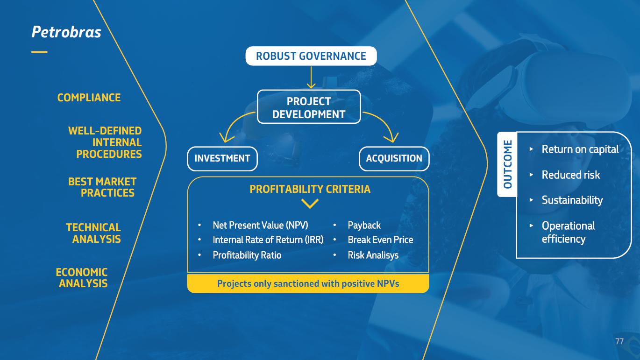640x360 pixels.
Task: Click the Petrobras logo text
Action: [x=66, y=32]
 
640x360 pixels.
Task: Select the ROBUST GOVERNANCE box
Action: [x=311, y=56]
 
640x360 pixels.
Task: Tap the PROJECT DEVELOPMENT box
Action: [x=309, y=107]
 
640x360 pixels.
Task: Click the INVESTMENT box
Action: [x=222, y=158]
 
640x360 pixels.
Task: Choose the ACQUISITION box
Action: [x=394, y=158]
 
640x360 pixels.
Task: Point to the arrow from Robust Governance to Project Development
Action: [x=311, y=77]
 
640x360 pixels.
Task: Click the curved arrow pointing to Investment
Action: [x=234, y=124]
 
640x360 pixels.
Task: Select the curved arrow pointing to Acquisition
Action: [x=385, y=124]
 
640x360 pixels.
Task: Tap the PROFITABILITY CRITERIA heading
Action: [x=310, y=189]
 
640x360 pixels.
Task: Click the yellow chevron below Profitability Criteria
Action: [x=310, y=204]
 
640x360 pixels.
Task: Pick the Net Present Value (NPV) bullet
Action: [x=260, y=225]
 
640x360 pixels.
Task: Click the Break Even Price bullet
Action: [x=380, y=240]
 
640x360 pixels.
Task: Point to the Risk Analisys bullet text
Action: [x=373, y=255]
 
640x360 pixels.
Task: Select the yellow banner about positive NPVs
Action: [x=308, y=283]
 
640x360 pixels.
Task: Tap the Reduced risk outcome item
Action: [x=570, y=175]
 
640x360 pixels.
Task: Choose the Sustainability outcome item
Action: [x=572, y=200]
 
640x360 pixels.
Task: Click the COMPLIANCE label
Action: [x=89, y=98]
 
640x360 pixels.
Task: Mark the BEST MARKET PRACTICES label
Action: [x=103, y=187]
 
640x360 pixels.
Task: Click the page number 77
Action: [x=619, y=341]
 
